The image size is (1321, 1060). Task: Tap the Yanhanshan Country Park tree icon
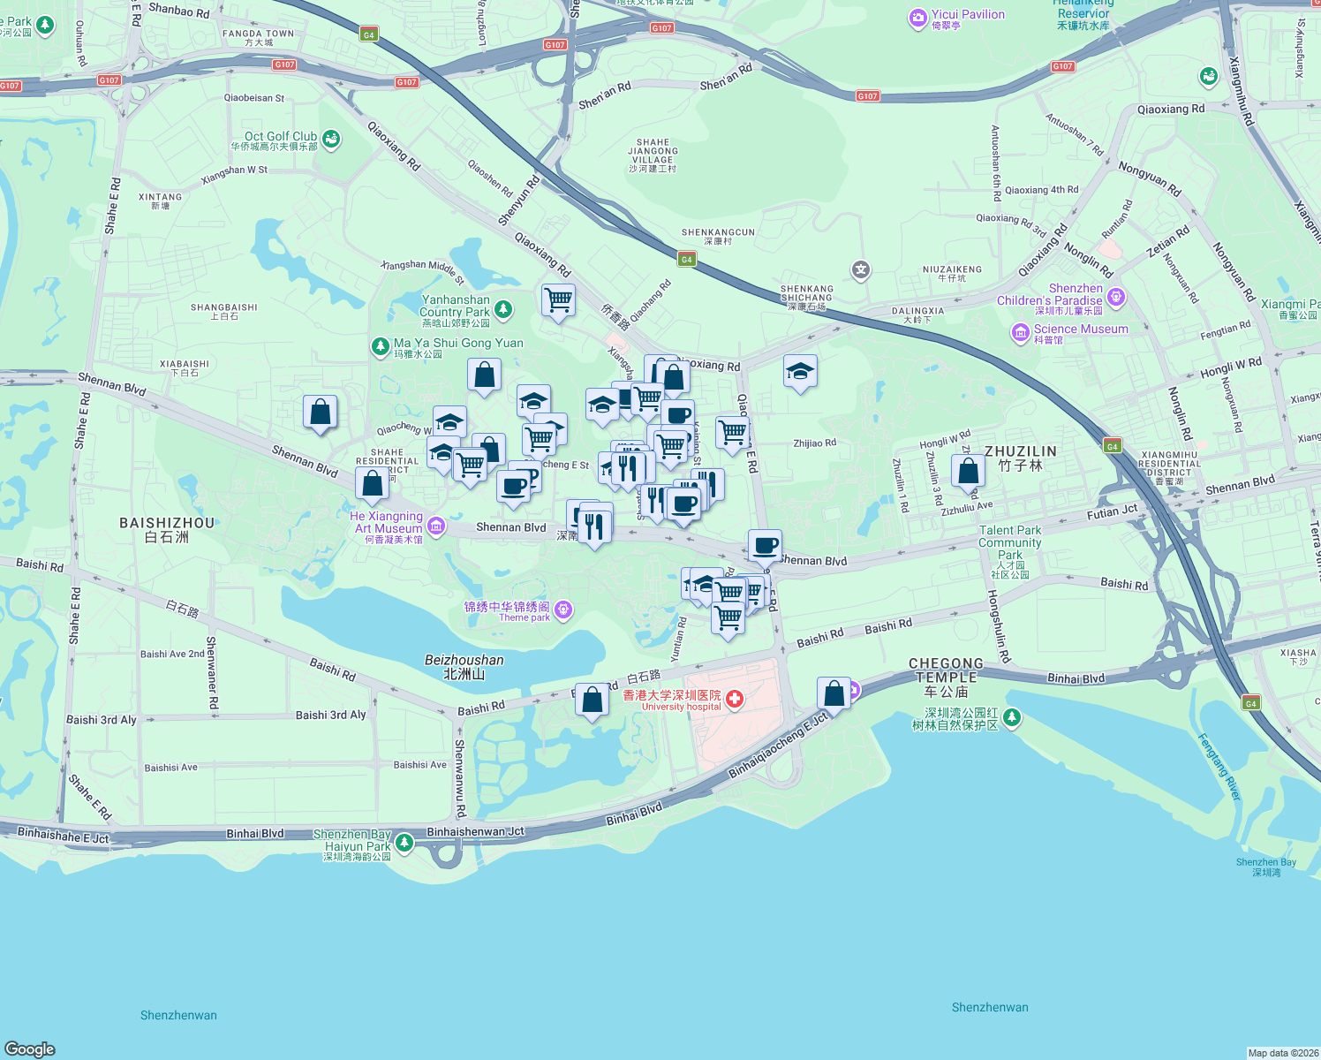point(503,309)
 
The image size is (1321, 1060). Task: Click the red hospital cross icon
point(734,700)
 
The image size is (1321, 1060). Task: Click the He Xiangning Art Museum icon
point(435,527)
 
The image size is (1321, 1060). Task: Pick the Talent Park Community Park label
point(1010,543)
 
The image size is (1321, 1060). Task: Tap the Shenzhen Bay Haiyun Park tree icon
point(404,843)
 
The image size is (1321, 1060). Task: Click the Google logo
point(30,1049)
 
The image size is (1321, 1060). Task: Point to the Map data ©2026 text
point(1283,1053)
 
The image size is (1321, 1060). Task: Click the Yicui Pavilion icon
point(918,18)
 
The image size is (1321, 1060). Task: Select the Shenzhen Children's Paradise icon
point(1116,297)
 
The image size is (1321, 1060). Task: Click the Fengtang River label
point(1219,766)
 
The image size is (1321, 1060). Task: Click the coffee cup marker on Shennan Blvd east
point(765,546)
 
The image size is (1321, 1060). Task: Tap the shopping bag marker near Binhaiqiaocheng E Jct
point(834,694)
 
